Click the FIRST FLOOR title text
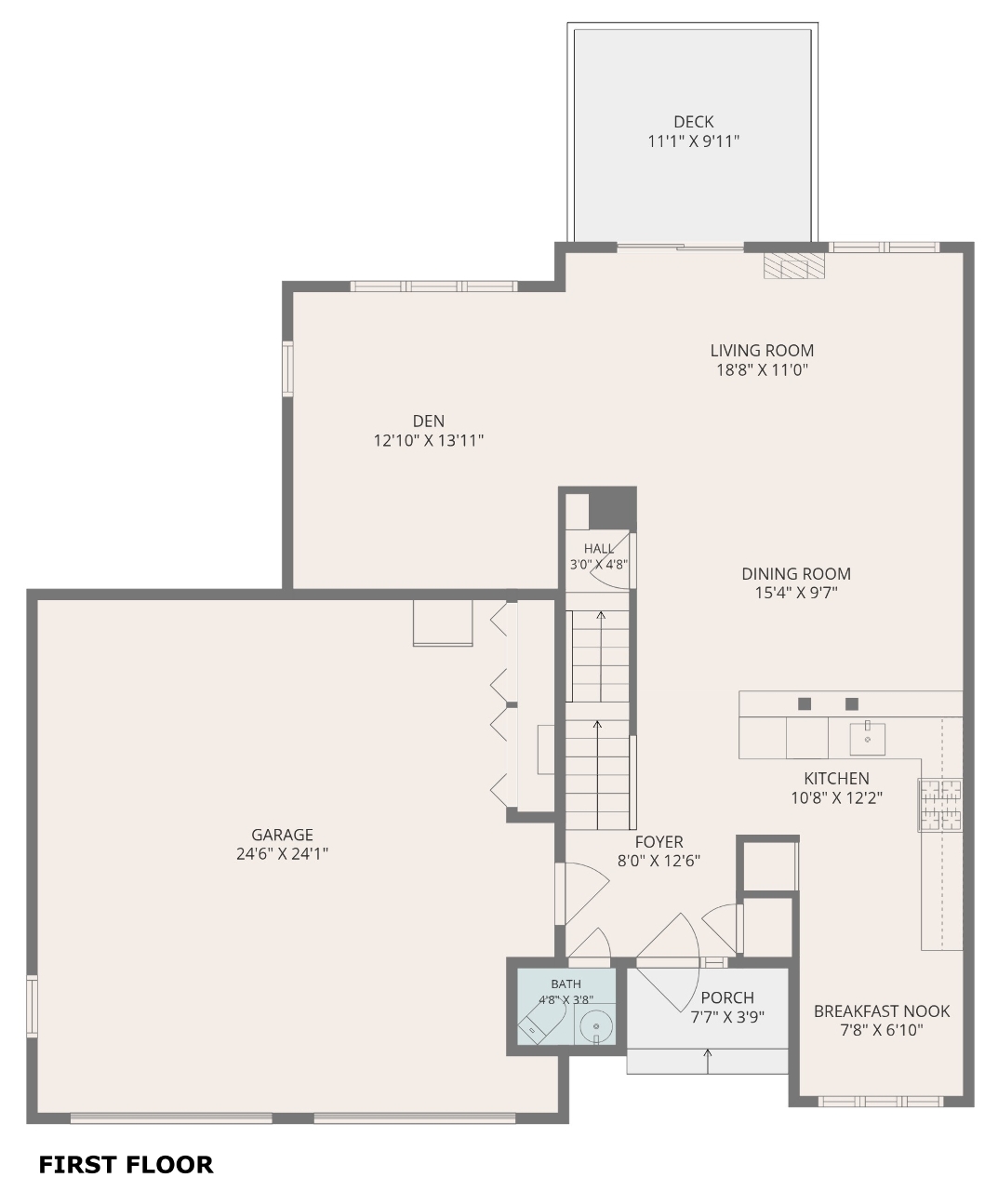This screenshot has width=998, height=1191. tap(126, 1164)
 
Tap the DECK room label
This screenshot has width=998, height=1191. tap(694, 122)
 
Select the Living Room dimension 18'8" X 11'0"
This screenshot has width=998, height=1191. tap(762, 369)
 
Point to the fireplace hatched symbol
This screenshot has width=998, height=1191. tap(793, 266)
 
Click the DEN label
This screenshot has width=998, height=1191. tap(428, 421)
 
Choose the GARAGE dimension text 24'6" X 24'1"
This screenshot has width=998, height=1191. tap(283, 853)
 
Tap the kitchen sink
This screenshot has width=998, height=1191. tap(868, 739)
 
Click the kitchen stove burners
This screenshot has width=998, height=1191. tap(939, 805)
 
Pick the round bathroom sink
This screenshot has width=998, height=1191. tap(596, 1026)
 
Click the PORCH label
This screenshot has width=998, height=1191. tap(727, 997)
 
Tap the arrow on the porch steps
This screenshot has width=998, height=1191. tap(708, 1061)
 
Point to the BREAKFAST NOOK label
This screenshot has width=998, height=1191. tap(882, 1011)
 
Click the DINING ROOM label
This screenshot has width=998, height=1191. tap(796, 573)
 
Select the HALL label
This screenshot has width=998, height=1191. tap(599, 549)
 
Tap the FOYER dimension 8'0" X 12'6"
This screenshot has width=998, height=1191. tap(659, 860)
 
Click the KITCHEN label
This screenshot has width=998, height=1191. tap(836, 778)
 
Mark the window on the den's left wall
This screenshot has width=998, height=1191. tap(288, 368)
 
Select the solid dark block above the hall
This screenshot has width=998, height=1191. tap(613, 509)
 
